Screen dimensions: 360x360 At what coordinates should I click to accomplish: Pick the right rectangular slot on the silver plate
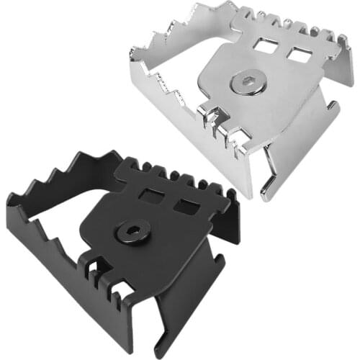click(295, 55)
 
